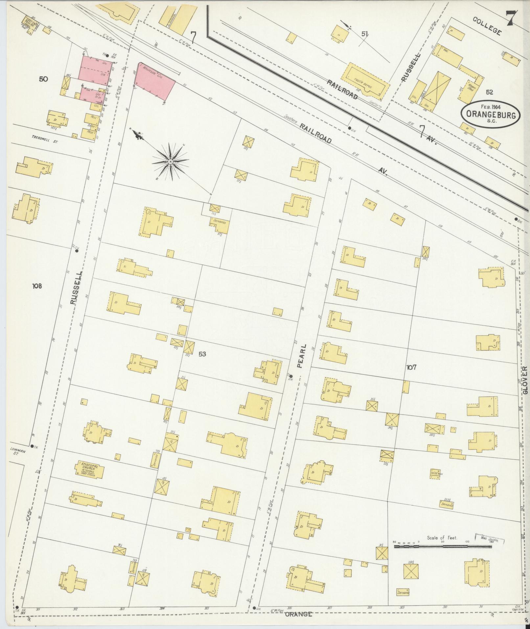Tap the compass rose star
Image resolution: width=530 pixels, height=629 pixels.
coord(171,162)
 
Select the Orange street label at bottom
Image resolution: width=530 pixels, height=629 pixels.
coord(298,614)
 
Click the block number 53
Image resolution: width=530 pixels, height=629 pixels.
coord(202,354)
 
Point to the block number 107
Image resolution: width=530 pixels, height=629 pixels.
coord(411,367)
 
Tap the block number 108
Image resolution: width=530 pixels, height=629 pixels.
coord(37,286)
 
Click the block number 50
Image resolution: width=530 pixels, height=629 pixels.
coord(43,79)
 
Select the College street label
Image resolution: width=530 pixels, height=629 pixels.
coord(487,26)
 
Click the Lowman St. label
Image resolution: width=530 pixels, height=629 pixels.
coord(15,452)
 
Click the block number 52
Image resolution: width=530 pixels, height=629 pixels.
coord(490,92)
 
